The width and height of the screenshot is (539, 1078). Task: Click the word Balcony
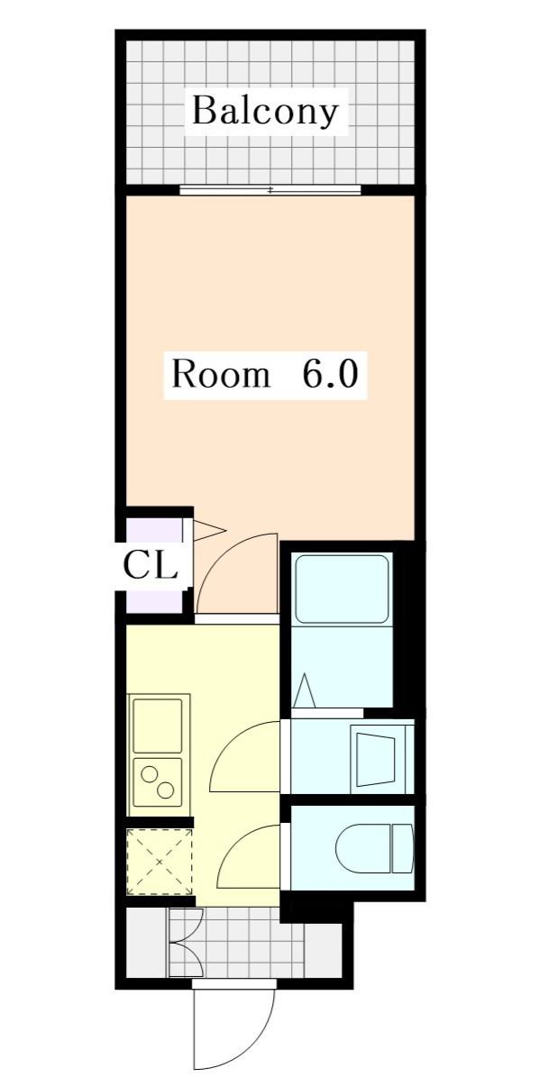pyautogui.click(x=265, y=112)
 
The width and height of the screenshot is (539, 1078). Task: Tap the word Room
pyautogui.click(x=221, y=375)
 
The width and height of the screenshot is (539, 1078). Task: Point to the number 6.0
pyautogui.click(x=330, y=375)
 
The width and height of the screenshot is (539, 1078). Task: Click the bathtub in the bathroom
pyautogui.click(x=342, y=589)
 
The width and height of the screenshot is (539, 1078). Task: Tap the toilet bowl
pyautogui.click(x=364, y=849)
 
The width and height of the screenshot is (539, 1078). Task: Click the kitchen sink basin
pyautogui.click(x=158, y=726)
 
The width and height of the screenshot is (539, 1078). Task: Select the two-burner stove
pyautogui.click(x=158, y=781)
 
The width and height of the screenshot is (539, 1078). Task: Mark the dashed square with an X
pyautogui.click(x=160, y=862)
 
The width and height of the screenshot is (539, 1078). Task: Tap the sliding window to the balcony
pyautogui.click(x=270, y=190)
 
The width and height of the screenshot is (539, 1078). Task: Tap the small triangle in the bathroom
pyautogui.click(x=304, y=691)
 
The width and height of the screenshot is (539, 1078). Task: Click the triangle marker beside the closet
pyautogui.click(x=209, y=530)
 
